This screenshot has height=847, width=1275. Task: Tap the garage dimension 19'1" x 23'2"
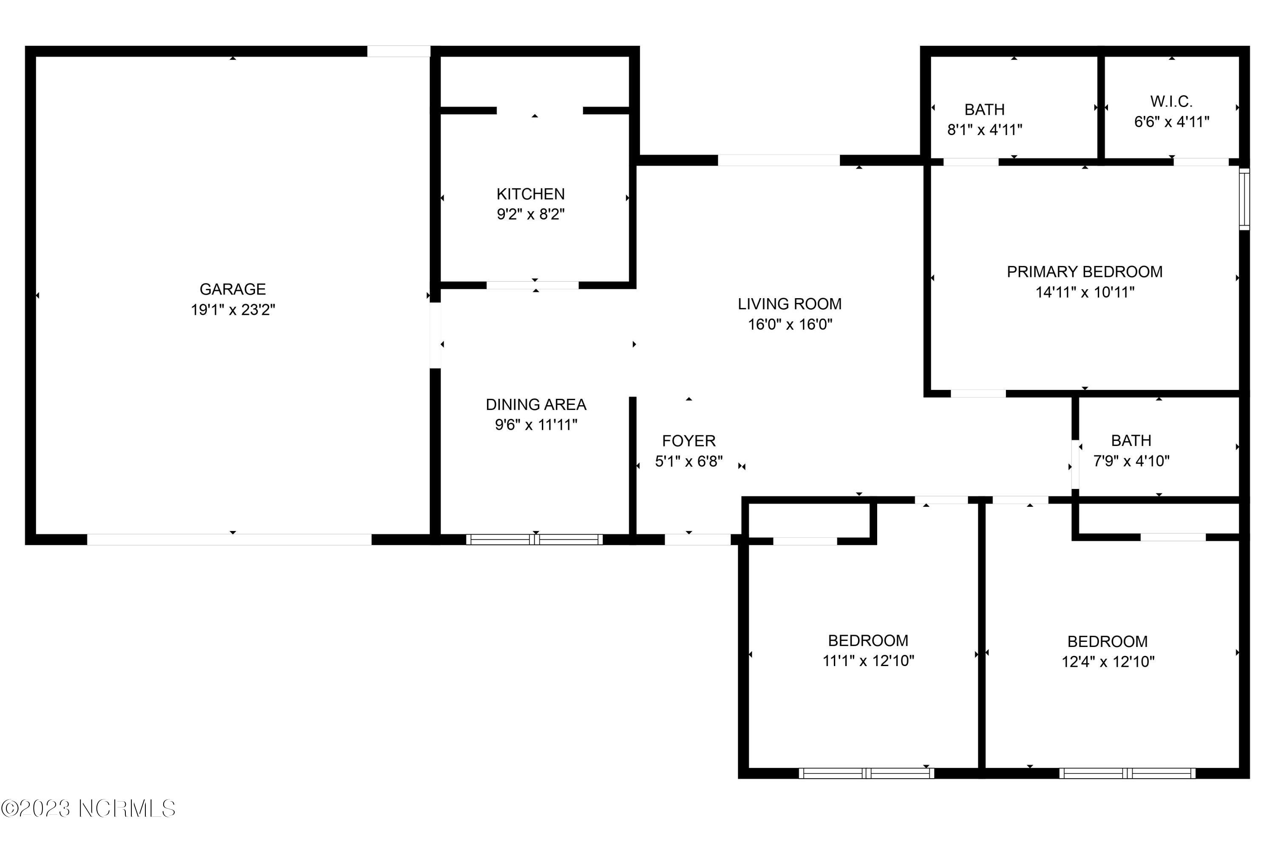pyautogui.click(x=232, y=310)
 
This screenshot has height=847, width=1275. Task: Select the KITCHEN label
pyautogui.click(x=530, y=194)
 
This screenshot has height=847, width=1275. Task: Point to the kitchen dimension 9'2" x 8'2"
pyautogui.click(x=530, y=215)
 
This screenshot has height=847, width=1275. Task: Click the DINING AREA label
pyautogui.click(x=535, y=404)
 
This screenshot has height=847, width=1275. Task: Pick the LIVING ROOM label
pyautogui.click(x=789, y=304)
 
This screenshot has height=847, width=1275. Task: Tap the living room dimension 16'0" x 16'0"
pyautogui.click(x=789, y=325)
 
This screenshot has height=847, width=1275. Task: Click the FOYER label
pyautogui.click(x=688, y=441)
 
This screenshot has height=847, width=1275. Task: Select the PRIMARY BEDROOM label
pyautogui.click(x=1084, y=272)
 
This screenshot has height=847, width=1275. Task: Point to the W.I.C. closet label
pyautogui.click(x=1171, y=102)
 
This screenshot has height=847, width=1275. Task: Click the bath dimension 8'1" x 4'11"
pyautogui.click(x=984, y=130)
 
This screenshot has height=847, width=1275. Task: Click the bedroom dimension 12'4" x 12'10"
pyautogui.click(x=1108, y=662)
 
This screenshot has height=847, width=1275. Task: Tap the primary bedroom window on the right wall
pyautogui.click(x=1244, y=199)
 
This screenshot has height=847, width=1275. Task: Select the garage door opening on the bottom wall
pyautogui.click(x=229, y=539)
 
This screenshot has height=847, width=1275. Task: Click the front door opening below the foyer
pyautogui.click(x=697, y=539)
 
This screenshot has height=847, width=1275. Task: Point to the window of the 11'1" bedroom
pyautogui.click(x=867, y=773)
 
